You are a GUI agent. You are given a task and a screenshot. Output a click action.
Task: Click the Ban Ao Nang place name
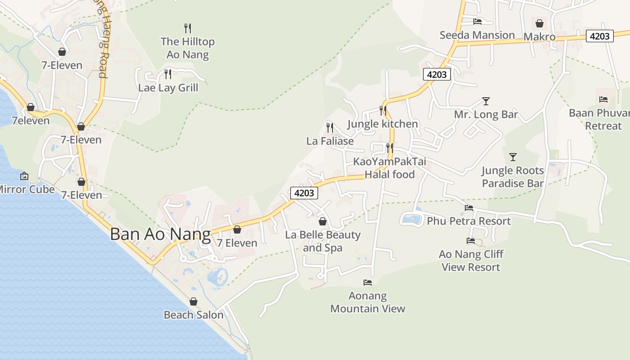160,234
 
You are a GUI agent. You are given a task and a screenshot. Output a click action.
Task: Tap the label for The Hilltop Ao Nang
188,48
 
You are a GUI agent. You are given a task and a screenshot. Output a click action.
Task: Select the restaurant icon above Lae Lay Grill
168,74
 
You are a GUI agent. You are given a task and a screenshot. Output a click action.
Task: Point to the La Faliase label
330,141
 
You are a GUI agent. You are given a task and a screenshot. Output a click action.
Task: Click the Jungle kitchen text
382,124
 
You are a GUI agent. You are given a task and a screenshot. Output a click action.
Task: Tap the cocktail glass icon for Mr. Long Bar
486,101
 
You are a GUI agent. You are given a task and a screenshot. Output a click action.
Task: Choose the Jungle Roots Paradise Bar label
513,177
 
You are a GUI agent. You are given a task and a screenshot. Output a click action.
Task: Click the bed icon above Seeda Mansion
477,21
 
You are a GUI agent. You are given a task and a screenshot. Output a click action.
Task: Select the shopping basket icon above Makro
540,23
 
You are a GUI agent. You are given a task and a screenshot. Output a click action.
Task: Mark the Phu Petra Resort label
468,221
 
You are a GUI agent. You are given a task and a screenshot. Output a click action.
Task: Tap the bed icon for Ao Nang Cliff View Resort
471,241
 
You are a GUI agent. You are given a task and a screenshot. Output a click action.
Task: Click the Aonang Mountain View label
368,302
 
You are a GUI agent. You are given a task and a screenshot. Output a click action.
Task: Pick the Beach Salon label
193,315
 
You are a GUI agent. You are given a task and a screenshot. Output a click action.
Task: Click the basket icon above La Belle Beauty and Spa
322,221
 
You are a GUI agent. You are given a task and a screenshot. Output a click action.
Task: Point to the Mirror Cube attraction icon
24,176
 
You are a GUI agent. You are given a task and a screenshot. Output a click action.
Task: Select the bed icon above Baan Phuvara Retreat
603,99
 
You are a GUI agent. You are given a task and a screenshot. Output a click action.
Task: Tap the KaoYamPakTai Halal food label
389,168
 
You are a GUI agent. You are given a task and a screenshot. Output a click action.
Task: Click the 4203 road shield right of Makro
600,36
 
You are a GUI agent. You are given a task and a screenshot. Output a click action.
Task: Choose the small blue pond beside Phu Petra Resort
412,220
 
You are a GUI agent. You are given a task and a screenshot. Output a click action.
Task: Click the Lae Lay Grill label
168,87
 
